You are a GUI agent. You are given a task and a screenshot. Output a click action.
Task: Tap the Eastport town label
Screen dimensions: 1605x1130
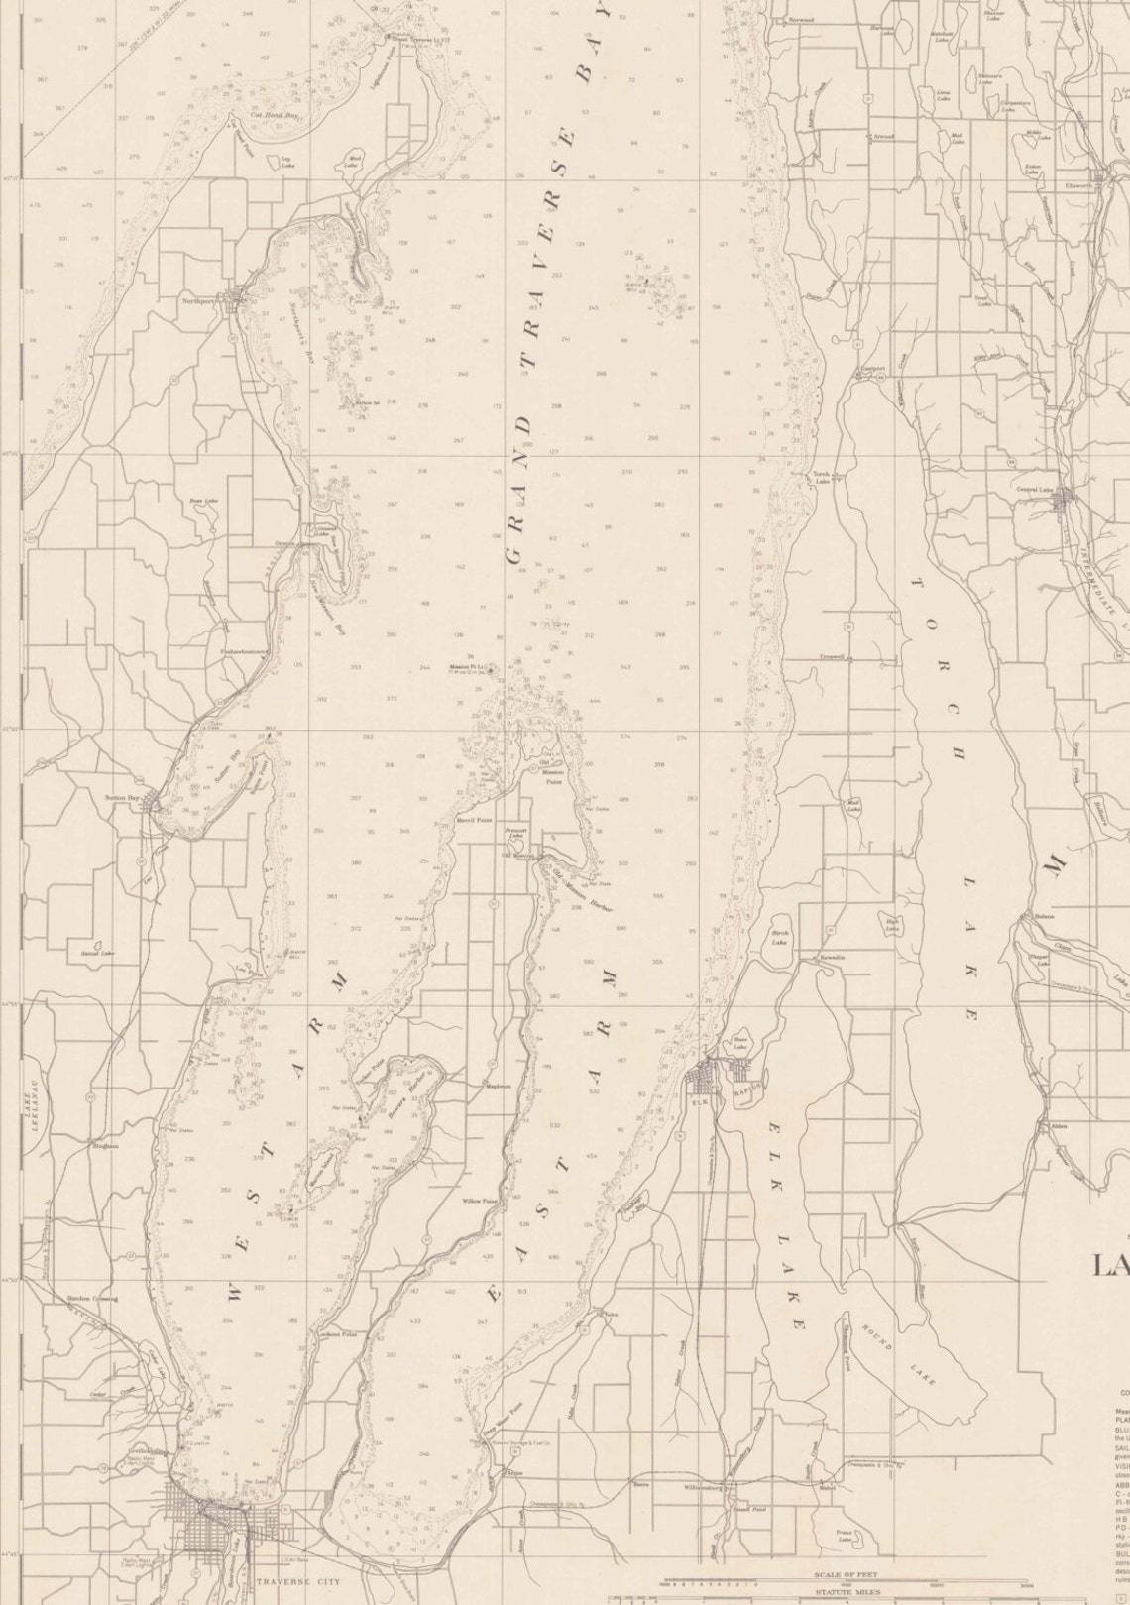coord(872,369)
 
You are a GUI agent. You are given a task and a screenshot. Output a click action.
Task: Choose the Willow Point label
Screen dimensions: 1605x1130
coord(479,1201)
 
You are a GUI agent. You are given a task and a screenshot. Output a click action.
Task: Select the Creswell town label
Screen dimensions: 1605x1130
coord(831,655)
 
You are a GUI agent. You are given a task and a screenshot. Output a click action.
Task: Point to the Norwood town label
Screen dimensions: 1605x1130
coord(801,20)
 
